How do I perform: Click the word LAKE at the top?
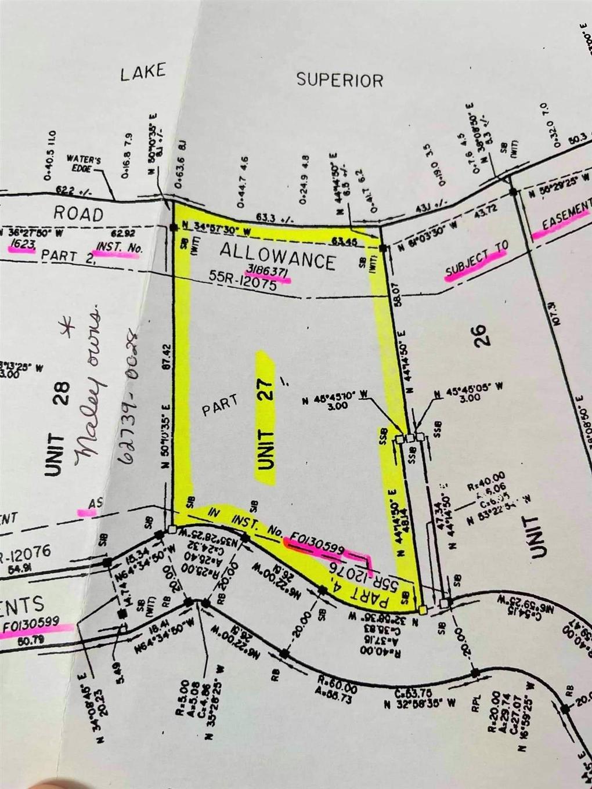click(x=143, y=73)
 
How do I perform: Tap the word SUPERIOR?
click(x=340, y=79)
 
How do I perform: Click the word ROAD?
click(x=79, y=213)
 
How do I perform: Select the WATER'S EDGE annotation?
click(x=85, y=163)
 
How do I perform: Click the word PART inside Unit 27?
click(x=220, y=404)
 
